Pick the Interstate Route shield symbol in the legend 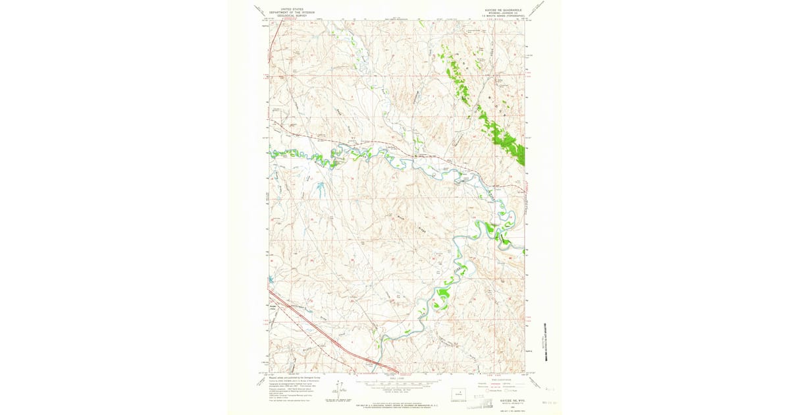pyautogui.click(x=488, y=391)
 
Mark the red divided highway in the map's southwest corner pyautogui.click(x=329, y=336)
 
